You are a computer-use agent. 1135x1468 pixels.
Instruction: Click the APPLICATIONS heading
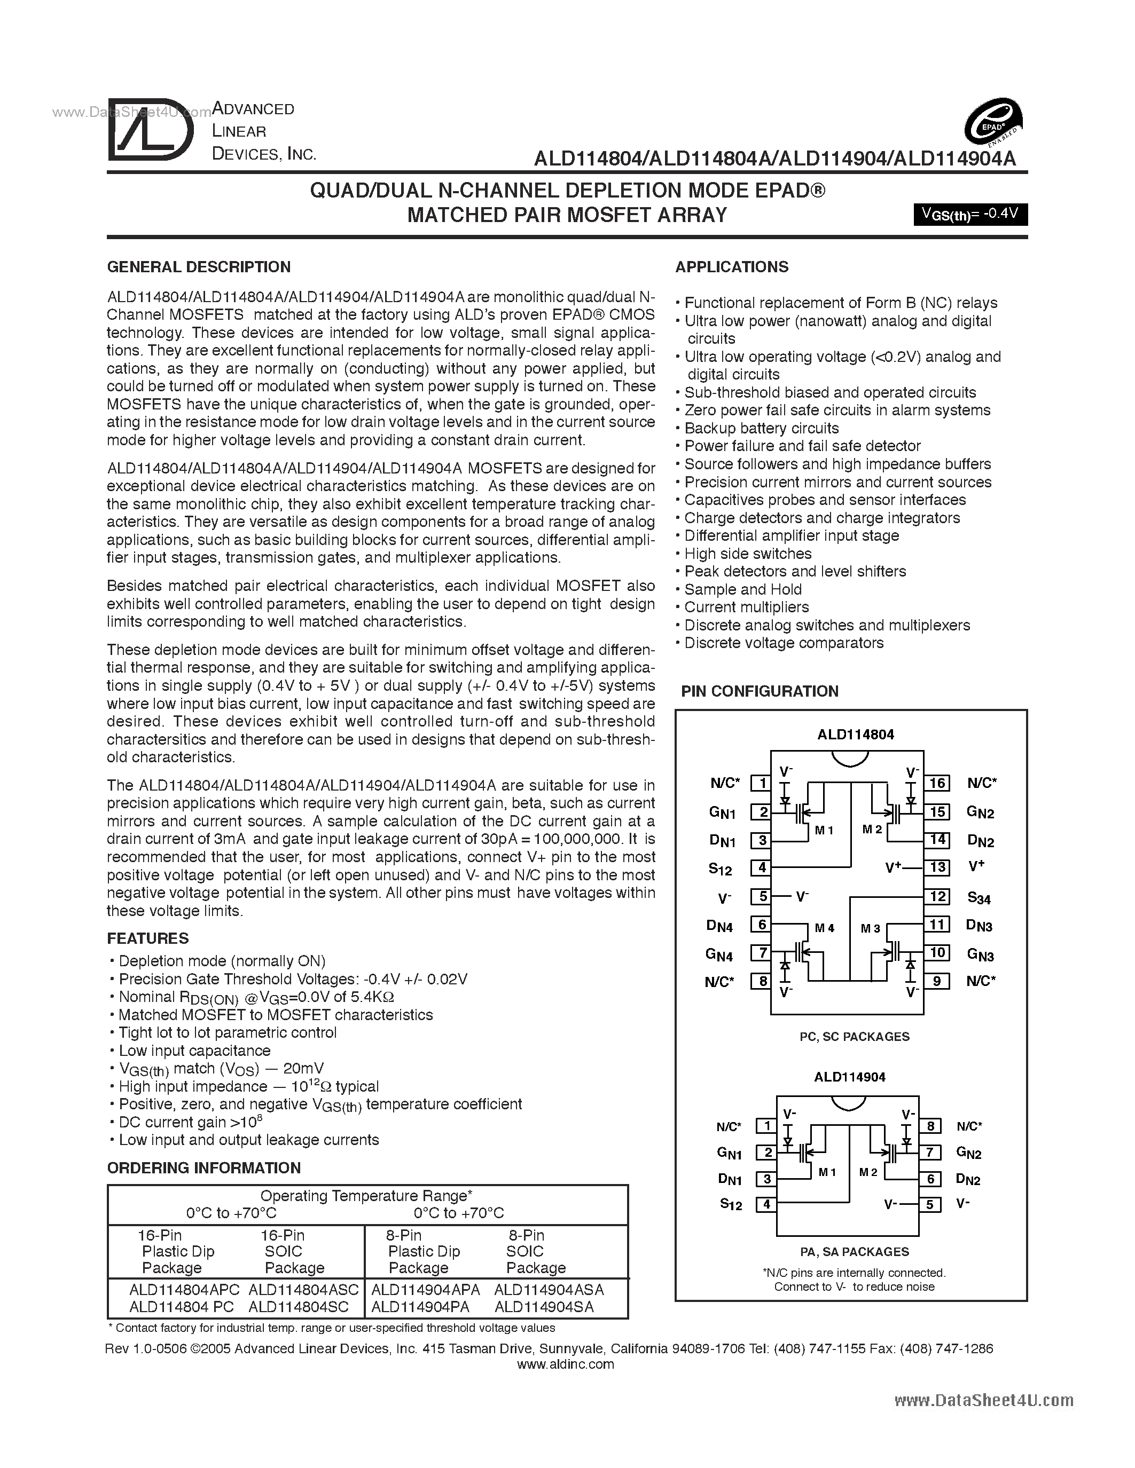[732, 267]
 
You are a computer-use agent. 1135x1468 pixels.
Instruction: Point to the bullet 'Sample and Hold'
[742, 589]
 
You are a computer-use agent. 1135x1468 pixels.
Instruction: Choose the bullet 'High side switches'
[747, 554]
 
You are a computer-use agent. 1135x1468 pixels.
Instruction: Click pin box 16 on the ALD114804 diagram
[937, 783]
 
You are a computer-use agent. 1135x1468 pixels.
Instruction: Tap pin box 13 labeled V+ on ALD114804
[937, 867]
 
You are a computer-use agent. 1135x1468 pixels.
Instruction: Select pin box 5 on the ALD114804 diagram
[762, 896]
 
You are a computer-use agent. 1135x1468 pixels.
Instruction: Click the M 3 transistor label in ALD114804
[870, 928]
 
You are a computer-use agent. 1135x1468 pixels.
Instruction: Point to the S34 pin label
[979, 897]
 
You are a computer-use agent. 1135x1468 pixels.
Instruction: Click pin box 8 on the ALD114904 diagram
[929, 1126]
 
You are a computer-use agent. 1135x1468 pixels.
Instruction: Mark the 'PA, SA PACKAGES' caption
[854, 1252]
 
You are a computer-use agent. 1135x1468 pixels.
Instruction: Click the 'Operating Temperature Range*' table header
[366, 1196]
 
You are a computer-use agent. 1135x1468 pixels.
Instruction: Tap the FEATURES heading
[147, 938]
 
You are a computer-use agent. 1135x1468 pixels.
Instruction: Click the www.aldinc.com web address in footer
[566, 1364]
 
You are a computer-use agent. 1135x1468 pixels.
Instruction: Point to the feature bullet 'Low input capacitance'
[194, 1051]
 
